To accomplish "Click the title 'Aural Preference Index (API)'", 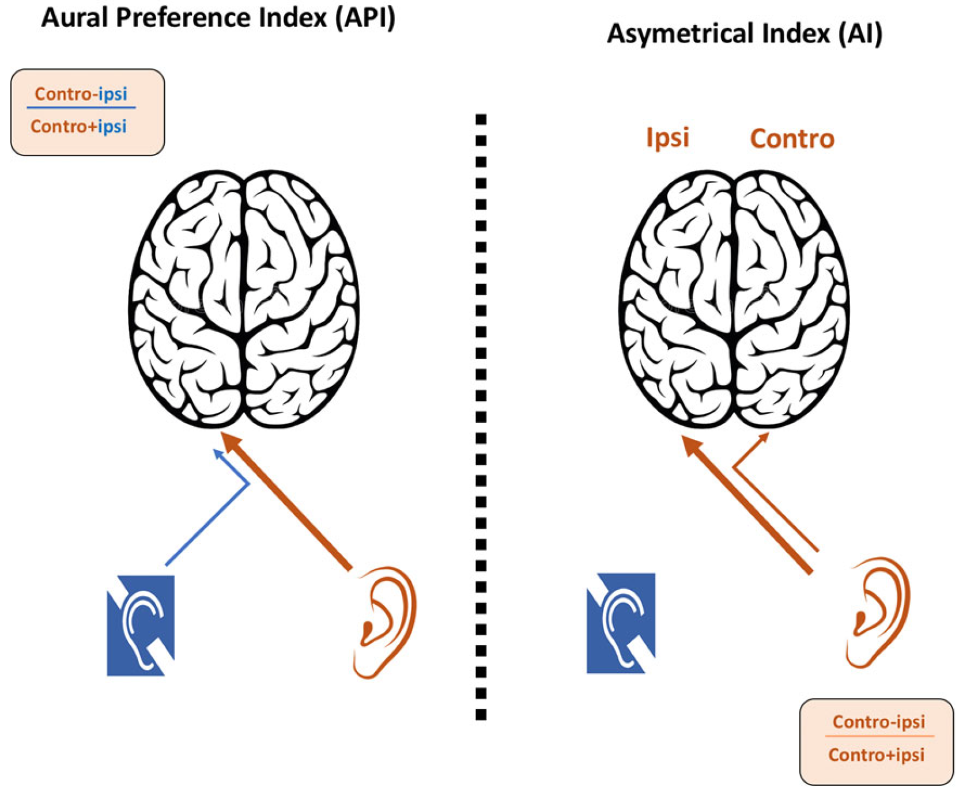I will click(218, 17).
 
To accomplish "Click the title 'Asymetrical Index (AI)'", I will click(744, 33).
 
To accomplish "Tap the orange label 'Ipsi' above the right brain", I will click(667, 138).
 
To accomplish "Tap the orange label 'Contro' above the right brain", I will click(792, 139).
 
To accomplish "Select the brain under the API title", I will click(243, 299).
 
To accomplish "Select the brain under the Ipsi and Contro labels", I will click(733, 299).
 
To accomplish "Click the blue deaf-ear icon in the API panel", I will click(141, 625).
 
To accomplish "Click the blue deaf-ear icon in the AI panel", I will click(621, 623).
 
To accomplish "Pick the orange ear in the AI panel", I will click(878, 612).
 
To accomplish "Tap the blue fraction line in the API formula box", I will click(81, 107).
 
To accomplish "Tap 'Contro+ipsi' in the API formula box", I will click(78, 126).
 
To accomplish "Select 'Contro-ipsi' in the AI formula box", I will click(878, 721).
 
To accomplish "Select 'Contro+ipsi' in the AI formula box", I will click(876, 755).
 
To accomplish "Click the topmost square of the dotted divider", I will click(481, 119).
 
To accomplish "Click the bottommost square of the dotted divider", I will click(481, 715).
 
